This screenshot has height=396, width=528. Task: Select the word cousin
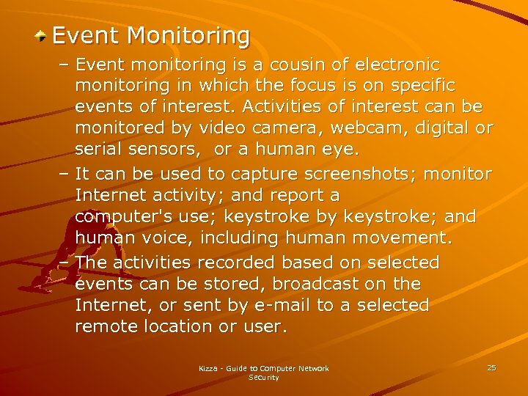[x=276, y=65]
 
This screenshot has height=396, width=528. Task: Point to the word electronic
[x=395, y=65]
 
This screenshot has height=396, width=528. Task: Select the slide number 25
[x=491, y=367]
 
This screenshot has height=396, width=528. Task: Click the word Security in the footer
[x=263, y=378]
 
